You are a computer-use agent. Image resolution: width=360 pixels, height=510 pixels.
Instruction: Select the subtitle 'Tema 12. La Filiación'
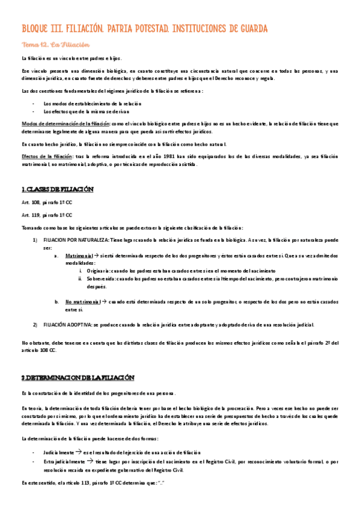[x=55, y=45]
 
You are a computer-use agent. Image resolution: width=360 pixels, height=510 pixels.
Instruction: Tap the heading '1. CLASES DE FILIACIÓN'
[x=58, y=189]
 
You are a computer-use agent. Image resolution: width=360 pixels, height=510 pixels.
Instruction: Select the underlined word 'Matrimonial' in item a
[x=79, y=255]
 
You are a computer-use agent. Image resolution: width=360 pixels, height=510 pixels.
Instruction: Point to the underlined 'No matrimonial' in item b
[x=82, y=301]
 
